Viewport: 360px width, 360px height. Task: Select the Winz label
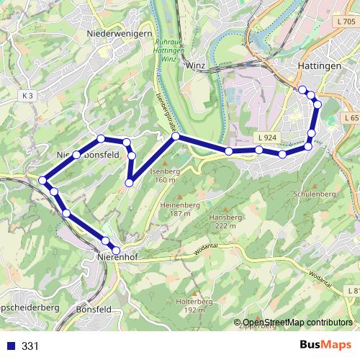pyautogui.click(x=196, y=65)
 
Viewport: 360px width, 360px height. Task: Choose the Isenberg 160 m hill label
pyautogui.click(x=165, y=175)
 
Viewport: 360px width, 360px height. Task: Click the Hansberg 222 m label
pyautogui.click(x=222, y=221)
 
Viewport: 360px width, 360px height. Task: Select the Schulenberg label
pyautogui.click(x=315, y=194)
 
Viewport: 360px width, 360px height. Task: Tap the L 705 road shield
pyautogui.click(x=345, y=22)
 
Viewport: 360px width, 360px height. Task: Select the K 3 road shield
pyautogui.click(x=28, y=95)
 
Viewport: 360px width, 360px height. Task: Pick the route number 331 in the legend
pyautogui.click(x=30, y=346)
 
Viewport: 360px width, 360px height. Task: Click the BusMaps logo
pyautogui.click(x=330, y=346)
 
